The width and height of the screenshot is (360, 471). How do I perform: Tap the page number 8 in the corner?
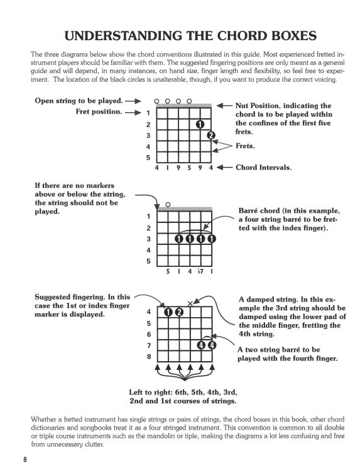[25, 459]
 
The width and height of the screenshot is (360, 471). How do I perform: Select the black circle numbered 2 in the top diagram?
[210, 135]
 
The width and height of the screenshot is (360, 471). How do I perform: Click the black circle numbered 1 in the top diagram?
[200, 124]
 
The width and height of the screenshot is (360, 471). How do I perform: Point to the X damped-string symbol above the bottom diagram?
[190, 303]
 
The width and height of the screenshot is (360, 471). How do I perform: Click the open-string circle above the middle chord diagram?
[168, 205]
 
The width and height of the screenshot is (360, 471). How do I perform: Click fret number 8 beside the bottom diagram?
[148, 357]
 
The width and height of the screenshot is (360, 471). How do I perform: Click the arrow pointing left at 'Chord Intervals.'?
[224, 168]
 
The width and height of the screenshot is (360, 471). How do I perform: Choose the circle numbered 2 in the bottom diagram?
[178, 312]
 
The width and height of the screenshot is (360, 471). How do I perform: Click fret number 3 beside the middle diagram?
[148, 239]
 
